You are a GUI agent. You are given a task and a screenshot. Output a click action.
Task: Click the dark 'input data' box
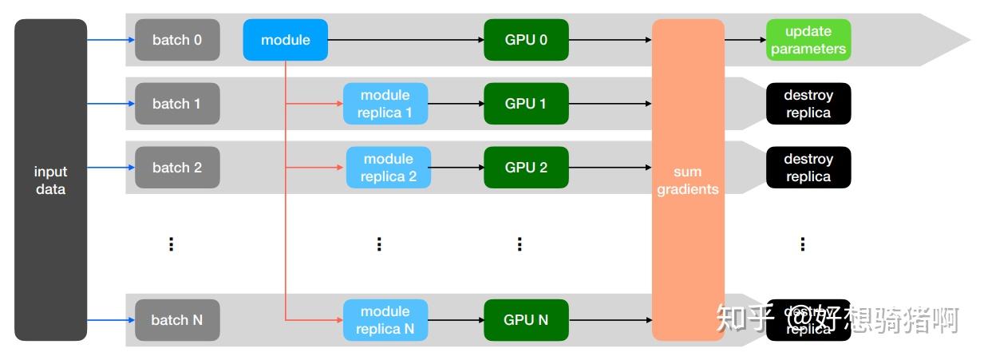[x=50, y=180]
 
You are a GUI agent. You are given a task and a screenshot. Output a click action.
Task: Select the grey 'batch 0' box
[x=176, y=40]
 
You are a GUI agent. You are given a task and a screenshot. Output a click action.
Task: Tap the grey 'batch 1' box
[x=176, y=104]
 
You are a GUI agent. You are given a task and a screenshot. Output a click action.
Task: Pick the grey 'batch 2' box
[x=176, y=168]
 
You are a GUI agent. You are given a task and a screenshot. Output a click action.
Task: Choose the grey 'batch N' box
[x=176, y=320]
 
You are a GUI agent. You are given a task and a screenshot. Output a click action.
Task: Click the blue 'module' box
[x=285, y=40]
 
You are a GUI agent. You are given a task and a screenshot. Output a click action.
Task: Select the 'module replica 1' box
[x=385, y=104]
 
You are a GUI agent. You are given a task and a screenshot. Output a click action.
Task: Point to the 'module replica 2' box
[x=388, y=168]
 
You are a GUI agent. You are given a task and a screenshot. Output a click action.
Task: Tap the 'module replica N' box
[x=385, y=320]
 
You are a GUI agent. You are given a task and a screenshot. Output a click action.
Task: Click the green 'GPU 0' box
[x=526, y=40]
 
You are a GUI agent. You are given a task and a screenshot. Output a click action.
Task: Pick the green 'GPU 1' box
[x=526, y=104]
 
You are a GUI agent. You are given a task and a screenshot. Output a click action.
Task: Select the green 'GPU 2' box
[x=526, y=168]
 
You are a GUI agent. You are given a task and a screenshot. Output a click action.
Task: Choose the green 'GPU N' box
[x=526, y=320]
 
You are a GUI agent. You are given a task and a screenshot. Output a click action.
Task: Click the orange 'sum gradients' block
[x=688, y=180]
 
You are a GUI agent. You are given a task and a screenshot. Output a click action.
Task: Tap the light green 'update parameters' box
[x=808, y=40]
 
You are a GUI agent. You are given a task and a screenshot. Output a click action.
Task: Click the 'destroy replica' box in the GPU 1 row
[x=808, y=104]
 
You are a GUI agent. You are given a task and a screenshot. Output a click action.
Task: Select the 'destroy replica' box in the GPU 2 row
[x=808, y=168]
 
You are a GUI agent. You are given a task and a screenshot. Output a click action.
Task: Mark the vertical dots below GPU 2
[x=519, y=243]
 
